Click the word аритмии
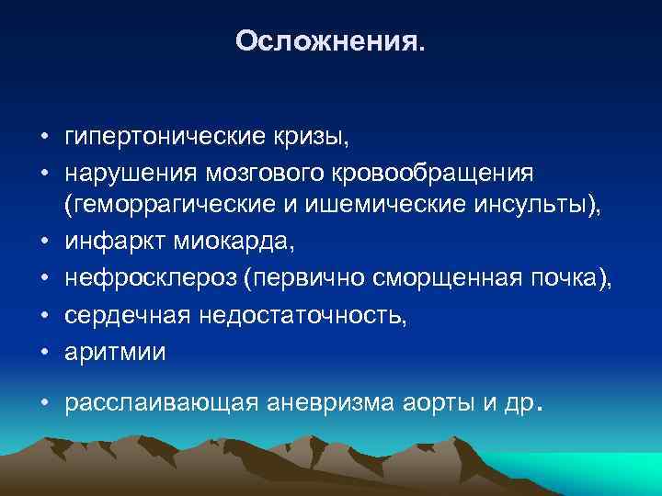point(115,353)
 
